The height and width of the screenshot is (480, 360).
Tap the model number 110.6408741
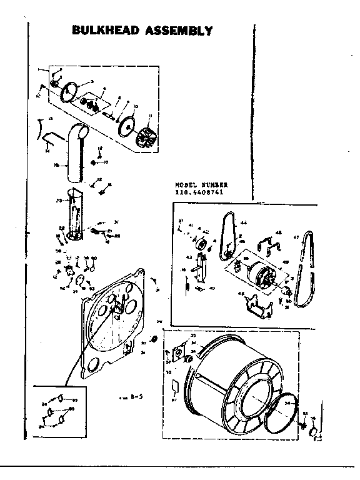point(201,192)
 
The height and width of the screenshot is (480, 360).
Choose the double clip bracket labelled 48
point(270,245)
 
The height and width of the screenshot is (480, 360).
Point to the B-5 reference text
point(129,397)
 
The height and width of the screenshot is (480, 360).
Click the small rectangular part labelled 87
point(176,388)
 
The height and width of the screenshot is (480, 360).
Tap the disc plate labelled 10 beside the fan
point(128,126)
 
